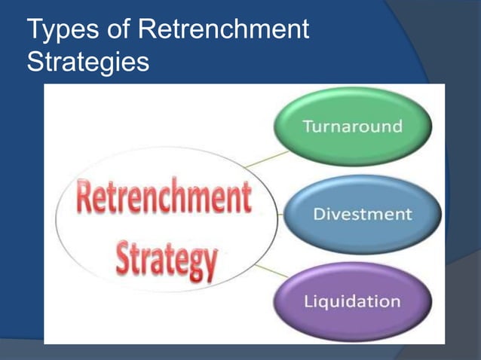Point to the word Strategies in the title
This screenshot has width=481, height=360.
pos(87,61)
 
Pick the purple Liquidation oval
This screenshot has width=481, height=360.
pos(352,301)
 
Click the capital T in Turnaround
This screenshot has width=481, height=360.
pos(308,125)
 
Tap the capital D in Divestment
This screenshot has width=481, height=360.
pos(318,215)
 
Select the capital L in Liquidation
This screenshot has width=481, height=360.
pos(308,301)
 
